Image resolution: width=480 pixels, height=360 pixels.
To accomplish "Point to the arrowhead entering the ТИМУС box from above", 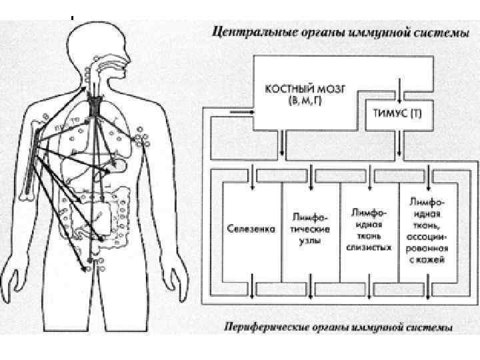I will pos(399,98).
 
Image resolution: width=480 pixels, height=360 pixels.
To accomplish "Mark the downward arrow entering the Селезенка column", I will pos(251,187).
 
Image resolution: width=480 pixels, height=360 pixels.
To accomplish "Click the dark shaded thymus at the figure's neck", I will pos(97,105).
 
